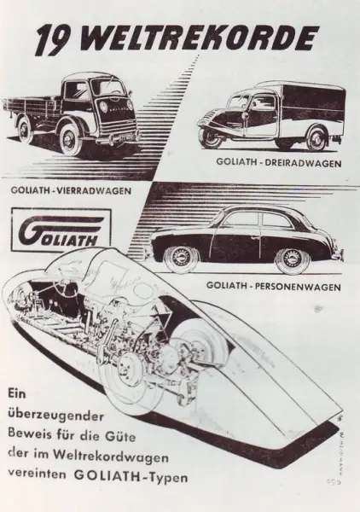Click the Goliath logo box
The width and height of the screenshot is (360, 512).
click(61, 230)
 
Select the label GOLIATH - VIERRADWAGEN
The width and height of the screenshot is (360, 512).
click(71, 190)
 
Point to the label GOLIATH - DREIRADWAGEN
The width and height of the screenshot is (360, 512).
click(279, 163)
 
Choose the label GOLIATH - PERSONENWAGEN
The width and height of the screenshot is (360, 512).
click(274, 287)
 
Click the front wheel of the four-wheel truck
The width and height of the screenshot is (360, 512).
click(72, 138)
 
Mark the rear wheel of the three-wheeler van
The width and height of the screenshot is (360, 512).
click(316, 139)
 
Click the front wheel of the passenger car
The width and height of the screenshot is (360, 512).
click(182, 259)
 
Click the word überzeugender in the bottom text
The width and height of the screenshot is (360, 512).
click(56, 417)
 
